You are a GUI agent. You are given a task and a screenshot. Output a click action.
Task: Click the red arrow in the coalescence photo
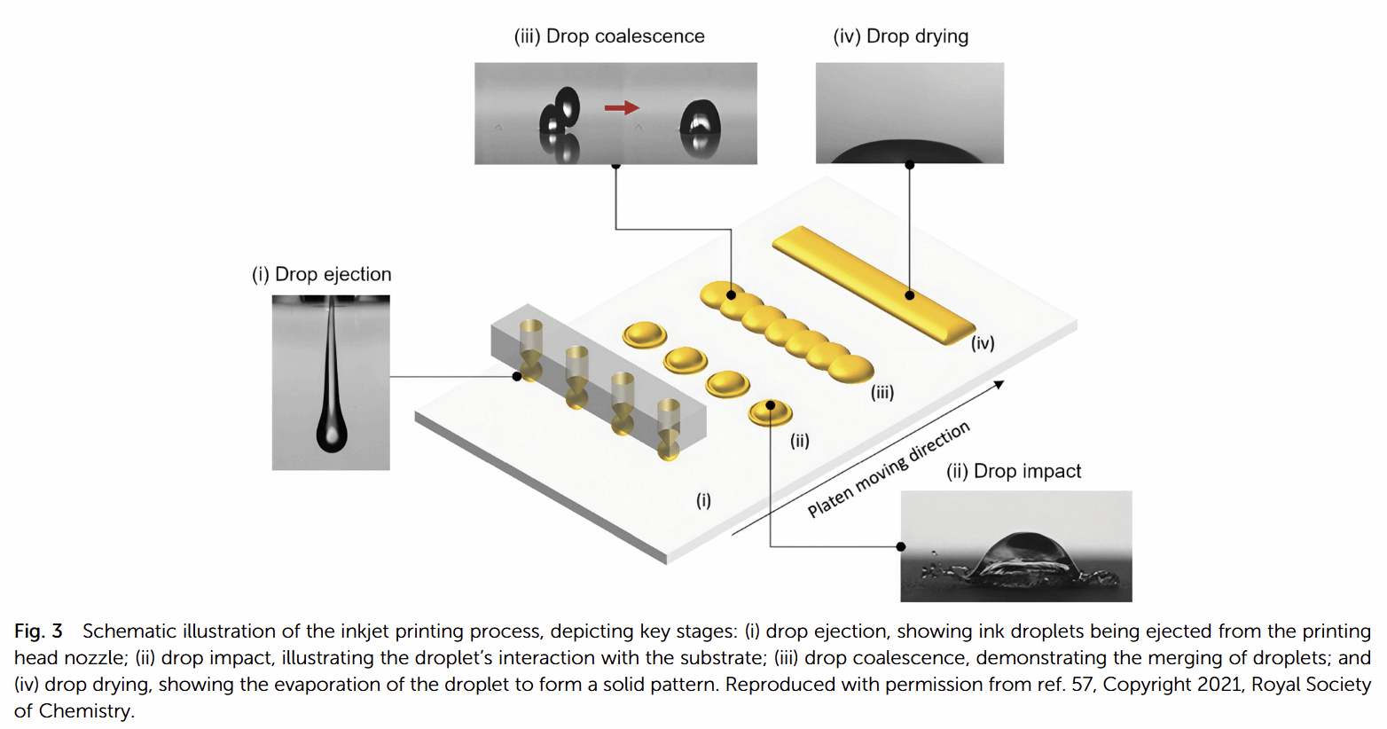pyautogui.click(x=621, y=108)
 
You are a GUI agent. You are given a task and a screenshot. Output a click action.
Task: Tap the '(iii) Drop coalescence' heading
pyautogui.click(x=609, y=36)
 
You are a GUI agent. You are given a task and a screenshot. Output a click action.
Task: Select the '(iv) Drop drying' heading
pyautogui.click(x=900, y=36)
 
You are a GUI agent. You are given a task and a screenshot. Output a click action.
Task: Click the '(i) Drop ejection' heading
pyautogui.click(x=321, y=274)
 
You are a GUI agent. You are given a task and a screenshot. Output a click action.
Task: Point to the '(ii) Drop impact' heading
pyautogui.click(x=1014, y=471)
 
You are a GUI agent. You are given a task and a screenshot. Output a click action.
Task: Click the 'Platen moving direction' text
pyautogui.click(x=889, y=470)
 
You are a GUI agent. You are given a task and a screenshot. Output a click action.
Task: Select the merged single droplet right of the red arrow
pyautogui.click(x=700, y=125)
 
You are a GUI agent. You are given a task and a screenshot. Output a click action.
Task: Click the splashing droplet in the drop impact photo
pyautogui.click(x=1024, y=559)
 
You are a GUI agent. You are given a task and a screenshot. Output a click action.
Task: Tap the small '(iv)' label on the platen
pyautogui.click(x=983, y=343)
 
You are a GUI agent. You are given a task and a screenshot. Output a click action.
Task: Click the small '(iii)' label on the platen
pyautogui.click(x=882, y=392)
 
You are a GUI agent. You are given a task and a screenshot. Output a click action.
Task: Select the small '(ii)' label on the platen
pyautogui.click(x=800, y=441)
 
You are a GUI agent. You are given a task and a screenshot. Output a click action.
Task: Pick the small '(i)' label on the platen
pyautogui.click(x=703, y=500)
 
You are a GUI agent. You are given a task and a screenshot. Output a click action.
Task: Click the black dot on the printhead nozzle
pyautogui.click(x=517, y=377)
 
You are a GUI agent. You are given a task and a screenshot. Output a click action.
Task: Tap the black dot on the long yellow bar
pyautogui.click(x=909, y=295)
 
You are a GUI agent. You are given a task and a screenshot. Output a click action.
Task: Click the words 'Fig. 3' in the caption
pyautogui.click(x=38, y=631)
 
